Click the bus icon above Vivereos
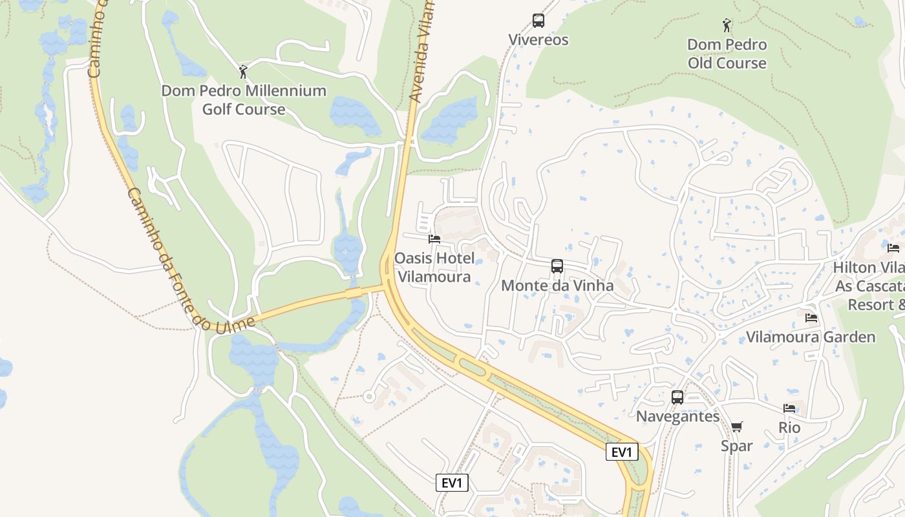tap(538, 21)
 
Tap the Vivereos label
tap(538, 40)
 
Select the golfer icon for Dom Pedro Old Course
tap(727, 25)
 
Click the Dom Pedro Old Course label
tap(727, 54)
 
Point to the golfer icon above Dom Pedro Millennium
tap(244, 71)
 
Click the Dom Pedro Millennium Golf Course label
tap(244, 100)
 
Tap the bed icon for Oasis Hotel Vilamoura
tap(434, 239)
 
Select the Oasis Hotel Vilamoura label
tap(434, 268)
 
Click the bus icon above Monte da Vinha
tap(557, 266)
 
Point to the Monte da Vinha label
tap(557, 285)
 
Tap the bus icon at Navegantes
tap(677, 397)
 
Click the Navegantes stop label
tap(677, 416)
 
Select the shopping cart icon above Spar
tap(737, 427)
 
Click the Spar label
tap(737, 446)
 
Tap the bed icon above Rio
tap(789, 408)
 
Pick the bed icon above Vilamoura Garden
tap(811, 318)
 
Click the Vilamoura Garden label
tap(811, 337)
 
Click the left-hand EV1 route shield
tap(452, 483)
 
